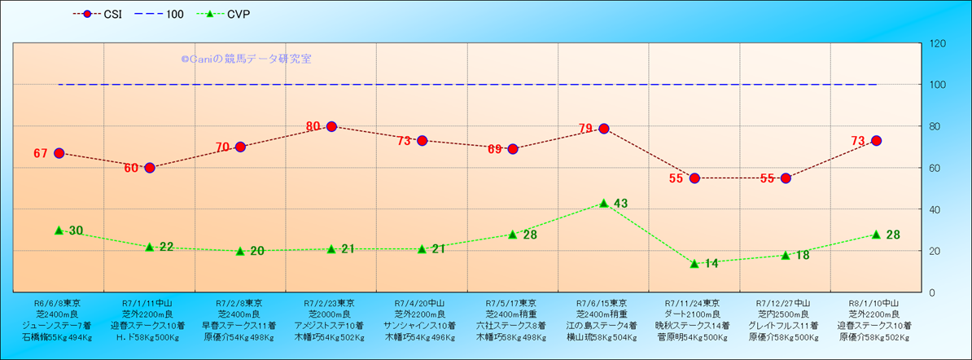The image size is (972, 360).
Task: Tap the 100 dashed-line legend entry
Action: point(166,14)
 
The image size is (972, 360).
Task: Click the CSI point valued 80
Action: point(331,126)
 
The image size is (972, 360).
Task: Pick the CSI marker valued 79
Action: point(604,129)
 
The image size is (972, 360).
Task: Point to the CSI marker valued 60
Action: point(150,168)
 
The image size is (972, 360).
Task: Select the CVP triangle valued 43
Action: point(604,203)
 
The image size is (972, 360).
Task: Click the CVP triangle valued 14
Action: point(694,263)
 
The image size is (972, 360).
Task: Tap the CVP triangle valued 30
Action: point(59,230)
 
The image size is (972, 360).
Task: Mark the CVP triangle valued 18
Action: point(786,255)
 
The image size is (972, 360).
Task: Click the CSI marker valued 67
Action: point(59,153)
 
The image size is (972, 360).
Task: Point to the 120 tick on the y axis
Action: point(938,43)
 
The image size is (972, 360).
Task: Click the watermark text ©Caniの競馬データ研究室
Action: point(246,59)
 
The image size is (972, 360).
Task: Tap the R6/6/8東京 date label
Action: point(57,302)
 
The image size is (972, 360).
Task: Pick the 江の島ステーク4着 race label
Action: point(602,325)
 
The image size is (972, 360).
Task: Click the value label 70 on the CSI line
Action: point(223,147)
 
